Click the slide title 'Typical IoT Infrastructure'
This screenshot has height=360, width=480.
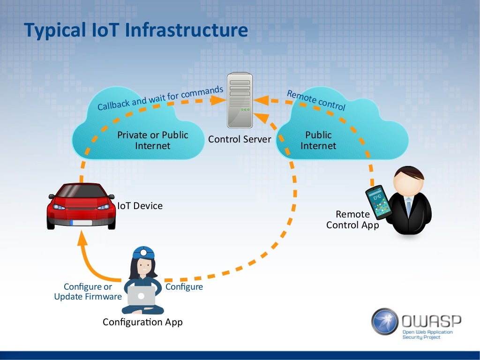click(136, 30)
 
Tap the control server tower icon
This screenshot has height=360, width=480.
click(240, 100)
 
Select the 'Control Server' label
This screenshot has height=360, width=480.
click(240, 139)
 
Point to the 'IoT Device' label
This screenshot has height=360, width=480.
click(140, 205)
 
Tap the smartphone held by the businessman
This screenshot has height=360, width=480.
click(378, 202)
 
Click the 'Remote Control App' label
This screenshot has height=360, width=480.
click(352, 219)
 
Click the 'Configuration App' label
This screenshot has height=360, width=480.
click(142, 322)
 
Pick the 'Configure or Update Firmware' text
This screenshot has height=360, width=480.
click(88, 292)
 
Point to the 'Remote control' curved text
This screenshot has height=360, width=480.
click(316, 100)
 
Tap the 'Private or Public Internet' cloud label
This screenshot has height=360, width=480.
click(152, 140)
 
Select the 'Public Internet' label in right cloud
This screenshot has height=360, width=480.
click(318, 140)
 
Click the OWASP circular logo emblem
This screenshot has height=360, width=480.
click(385, 322)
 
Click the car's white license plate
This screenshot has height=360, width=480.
click(81, 222)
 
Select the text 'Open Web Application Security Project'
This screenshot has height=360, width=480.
click(427, 334)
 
